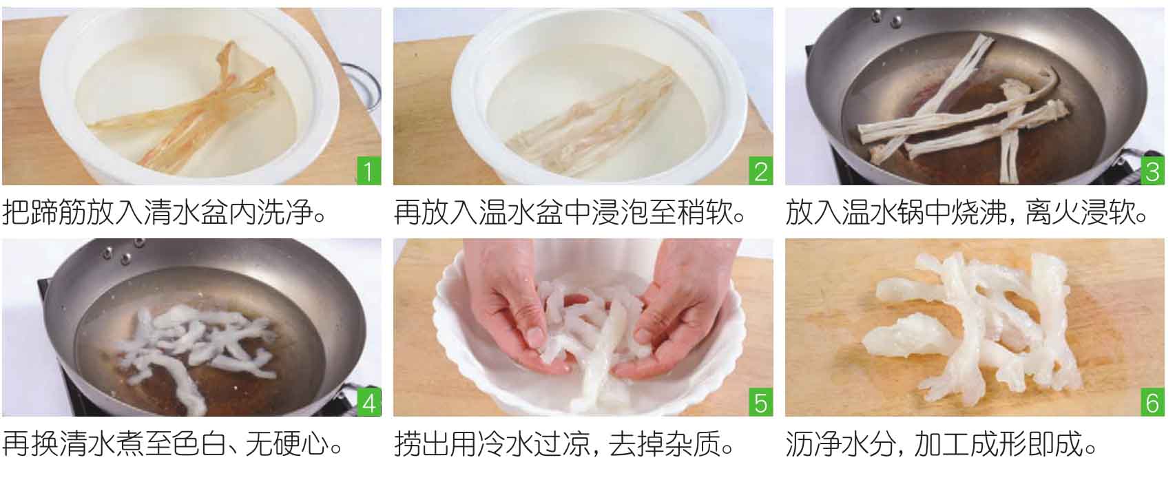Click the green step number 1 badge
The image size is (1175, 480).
(x=368, y=171)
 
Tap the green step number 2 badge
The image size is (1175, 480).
(x=760, y=171)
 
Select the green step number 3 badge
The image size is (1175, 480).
(x=1152, y=171)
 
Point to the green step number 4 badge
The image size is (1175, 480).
(x=368, y=402)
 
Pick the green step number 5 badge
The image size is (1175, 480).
(x=760, y=402)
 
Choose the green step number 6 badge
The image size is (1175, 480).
(x=1152, y=402)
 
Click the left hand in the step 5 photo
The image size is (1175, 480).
(x=517, y=304)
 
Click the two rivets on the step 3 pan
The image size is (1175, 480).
(x=886, y=19)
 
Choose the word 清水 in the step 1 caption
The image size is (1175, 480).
(x=171, y=212)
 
